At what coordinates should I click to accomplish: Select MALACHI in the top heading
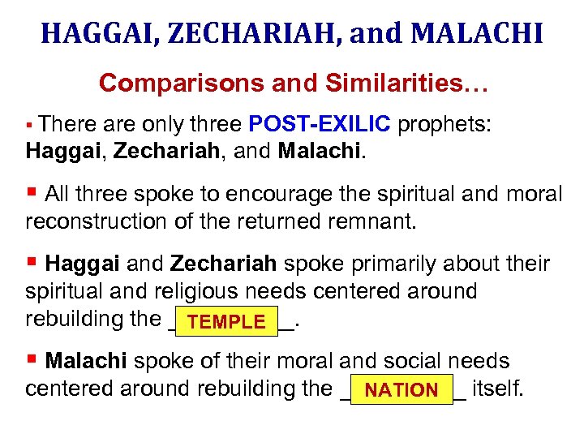click(x=478, y=32)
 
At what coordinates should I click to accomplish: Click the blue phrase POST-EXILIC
click(x=320, y=124)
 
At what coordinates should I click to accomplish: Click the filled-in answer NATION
click(x=401, y=390)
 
